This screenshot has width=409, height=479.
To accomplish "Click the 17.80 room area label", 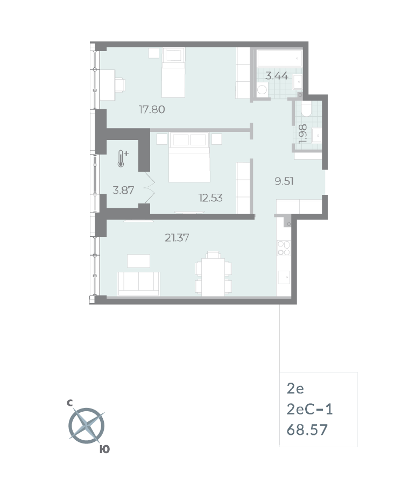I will (151, 110).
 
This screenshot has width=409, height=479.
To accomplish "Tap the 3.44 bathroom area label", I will (278, 76).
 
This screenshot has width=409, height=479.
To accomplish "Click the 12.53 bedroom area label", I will (210, 198).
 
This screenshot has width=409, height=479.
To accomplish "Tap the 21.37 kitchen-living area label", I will (177, 237).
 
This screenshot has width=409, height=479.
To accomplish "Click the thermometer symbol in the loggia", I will (122, 159).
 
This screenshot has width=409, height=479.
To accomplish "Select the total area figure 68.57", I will (307, 430).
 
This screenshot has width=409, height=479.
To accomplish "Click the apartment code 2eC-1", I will (310, 410).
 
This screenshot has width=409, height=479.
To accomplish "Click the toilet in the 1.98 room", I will (307, 110).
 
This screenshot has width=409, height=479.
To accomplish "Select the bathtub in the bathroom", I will (279, 58).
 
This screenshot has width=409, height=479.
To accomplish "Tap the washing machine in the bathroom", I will (262, 89).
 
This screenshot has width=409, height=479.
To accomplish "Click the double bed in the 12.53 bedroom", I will (189, 157).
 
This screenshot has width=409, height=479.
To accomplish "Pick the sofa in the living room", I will (139, 284).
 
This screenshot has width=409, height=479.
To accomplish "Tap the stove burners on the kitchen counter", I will (284, 248).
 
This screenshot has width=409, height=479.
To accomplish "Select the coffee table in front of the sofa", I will (138, 260).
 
